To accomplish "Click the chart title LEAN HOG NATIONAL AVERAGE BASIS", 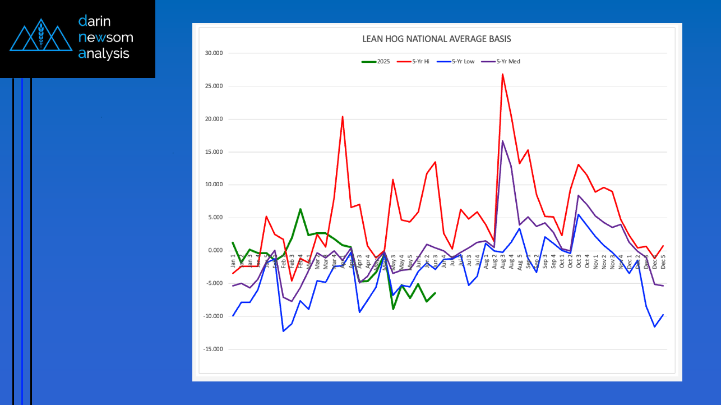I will (x=436, y=39).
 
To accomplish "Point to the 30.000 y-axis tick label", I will (x=215, y=53).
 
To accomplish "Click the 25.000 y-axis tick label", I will (x=215, y=86).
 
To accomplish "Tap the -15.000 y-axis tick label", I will (x=214, y=349).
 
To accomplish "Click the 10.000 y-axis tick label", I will (x=215, y=185).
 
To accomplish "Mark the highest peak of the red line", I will (x=503, y=74).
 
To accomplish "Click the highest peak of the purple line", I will (x=503, y=141).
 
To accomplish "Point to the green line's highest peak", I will (x=301, y=209).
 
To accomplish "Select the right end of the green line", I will (x=435, y=293).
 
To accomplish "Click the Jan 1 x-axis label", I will (x=233, y=261).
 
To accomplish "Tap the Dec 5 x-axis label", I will (x=663, y=261).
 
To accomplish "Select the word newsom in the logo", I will (x=106, y=38).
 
